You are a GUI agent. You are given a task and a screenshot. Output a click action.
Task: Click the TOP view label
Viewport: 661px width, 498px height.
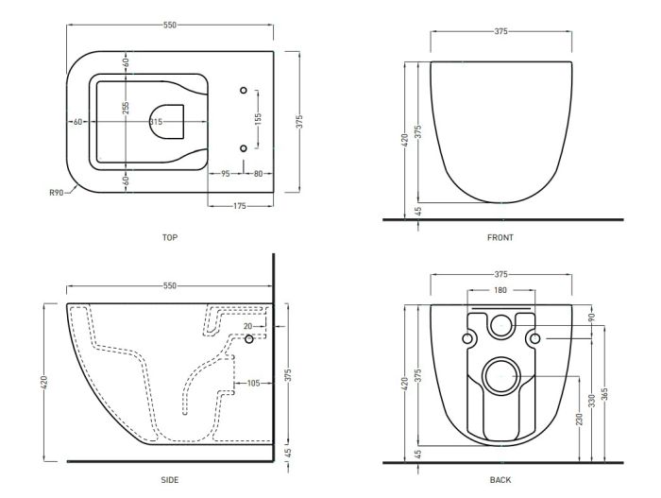point(170,237)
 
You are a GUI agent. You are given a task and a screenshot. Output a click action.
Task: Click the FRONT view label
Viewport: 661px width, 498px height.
point(500,237)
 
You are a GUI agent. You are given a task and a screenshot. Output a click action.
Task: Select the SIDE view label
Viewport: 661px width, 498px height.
point(170,480)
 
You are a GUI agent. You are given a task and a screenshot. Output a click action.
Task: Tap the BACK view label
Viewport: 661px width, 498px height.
point(500,480)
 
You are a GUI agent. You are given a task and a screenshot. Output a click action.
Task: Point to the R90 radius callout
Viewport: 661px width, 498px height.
point(57,193)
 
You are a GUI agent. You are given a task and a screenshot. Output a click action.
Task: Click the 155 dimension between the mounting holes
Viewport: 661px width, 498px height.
point(259,119)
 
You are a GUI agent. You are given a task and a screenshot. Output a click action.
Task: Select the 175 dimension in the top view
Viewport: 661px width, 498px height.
point(239,206)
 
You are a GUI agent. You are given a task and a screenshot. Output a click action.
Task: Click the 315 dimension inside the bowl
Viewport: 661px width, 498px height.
point(156,122)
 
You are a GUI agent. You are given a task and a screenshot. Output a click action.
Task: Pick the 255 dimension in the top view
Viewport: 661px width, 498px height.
point(126,108)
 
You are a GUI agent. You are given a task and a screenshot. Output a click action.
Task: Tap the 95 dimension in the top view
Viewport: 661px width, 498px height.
point(226,174)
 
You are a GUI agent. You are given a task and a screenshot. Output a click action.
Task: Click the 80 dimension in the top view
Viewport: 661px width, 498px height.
point(258,174)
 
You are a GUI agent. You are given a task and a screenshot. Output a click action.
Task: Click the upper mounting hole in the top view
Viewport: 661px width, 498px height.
point(244,91)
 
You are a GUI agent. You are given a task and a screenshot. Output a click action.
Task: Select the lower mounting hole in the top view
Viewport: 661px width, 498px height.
point(244,148)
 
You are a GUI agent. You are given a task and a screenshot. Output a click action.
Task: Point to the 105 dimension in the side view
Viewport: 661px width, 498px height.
point(253,384)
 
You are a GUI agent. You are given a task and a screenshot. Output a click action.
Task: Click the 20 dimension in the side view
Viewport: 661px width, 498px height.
point(247,326)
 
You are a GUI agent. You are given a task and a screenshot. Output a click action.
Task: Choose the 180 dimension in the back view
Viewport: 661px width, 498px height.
point(500,290)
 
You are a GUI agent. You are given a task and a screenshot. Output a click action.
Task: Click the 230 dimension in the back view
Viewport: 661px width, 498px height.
point(579,419)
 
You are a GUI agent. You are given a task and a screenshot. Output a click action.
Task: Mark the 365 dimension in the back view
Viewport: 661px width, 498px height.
point(606,395)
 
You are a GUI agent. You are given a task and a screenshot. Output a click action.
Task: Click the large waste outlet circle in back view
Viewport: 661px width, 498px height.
point(501,376)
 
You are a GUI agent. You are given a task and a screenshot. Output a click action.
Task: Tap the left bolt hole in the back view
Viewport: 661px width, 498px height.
point(467,338)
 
